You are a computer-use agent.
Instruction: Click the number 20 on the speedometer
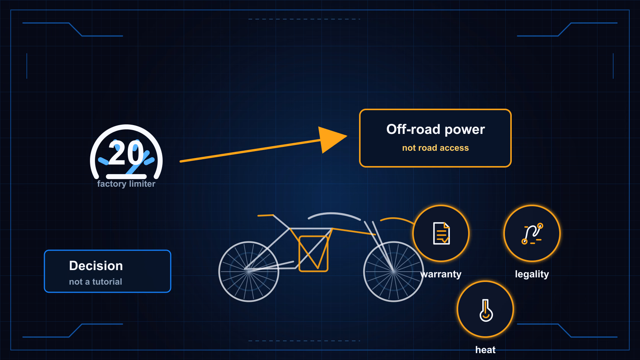(x=126, y=153)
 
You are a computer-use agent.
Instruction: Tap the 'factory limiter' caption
(x=126, y=184)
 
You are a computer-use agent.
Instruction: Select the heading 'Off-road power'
(x=436, y=129)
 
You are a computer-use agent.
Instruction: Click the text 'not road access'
(x=436, y=148)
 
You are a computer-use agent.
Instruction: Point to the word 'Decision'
(x=96, y=266)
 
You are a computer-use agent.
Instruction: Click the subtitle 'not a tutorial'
(x=95, y=282)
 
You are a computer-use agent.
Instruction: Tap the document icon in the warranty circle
(x=441, y=233)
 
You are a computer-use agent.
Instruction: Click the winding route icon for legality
(x=532, y=234)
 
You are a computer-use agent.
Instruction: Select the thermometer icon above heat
(x=486, y=310)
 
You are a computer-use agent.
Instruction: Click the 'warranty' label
(x=441, y=274)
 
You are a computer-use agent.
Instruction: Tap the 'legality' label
(x=532, y=274)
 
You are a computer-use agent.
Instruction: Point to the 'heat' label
(x=485, y=350)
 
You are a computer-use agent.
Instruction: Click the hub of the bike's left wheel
(x=249, y=271)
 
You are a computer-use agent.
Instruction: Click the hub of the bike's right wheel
(x=393, y=271)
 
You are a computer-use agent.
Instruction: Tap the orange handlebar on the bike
(x=266, y=215)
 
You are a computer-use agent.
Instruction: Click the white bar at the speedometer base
(x=126, y=176)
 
